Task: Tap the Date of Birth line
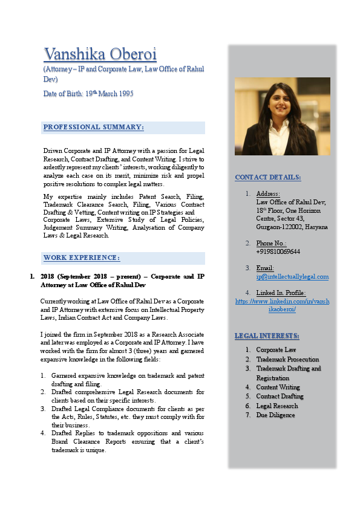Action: click(88, 94)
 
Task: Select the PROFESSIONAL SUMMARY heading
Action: click(94, 127)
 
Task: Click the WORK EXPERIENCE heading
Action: click(82, 258)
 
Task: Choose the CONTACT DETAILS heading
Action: click(268, 177)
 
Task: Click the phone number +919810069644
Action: click(278, 251)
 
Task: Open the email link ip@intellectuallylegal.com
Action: click(292, 276)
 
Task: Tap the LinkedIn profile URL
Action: click(282, 305)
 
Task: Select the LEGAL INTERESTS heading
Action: click(267, 336)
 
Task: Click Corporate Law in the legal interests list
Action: click(276, 349)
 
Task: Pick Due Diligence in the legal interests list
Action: click(275, 415)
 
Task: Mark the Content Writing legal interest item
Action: click(278, 387)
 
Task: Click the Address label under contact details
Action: click(267, 193)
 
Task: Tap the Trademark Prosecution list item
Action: click(287, 359)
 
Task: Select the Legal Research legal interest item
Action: click(277, 406)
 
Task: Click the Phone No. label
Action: click(271, 243)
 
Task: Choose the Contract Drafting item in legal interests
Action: click(280, 397)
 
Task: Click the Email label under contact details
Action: click(265, 268)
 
